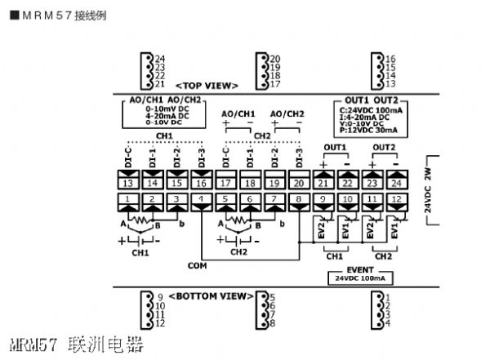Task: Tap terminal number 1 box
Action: pyautogui.click(x=128, y=199)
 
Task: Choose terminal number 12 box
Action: pyautogui.click(x=396, y=199)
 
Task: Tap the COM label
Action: pyautogui.click(x=197, y=265)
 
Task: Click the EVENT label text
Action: pyautogui.click(x=360, y=269)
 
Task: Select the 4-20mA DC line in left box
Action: pyautogui.click(x=167, y=115)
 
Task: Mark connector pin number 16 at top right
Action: pyautogui.click(x=390, y=59)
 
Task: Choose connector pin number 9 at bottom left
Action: pyautogui.click(x=160, y=297)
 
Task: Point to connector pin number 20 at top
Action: pyautogui.click(x=275, y=58)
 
